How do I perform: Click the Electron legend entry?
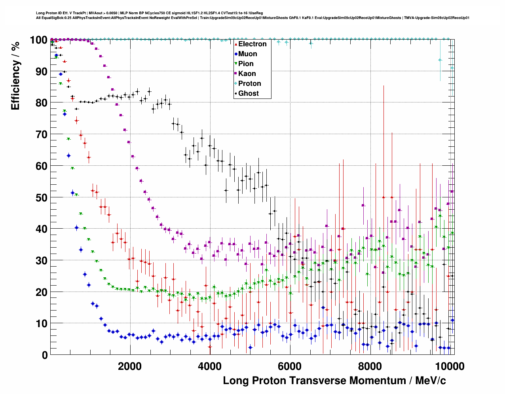click(x=252, y=44)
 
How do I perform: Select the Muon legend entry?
click(x=247, y=54)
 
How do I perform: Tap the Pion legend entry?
click(x=246, y=64)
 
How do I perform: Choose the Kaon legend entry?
click(x=247, y=74)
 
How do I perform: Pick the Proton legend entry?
click(x=249, y=83)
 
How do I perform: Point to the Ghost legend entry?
click(x=248, y=93)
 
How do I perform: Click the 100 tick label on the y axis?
click(x=38, y=40)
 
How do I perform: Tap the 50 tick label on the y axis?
click(x=41, y=197)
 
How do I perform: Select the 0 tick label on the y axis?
click(x=44, y=355)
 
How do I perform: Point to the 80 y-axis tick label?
click(x=41, y=103)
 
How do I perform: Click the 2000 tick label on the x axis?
click(x=129, y=366)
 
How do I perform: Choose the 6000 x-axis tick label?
click(x=290, y=366)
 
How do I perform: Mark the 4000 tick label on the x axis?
click(x=210, y=366)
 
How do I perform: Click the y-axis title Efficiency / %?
click(x=15, y=75)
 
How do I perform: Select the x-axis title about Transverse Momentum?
click(x=334, y=381)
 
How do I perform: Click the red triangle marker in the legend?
click(x=236, y=44)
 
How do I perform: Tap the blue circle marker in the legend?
click(x=236, y=54)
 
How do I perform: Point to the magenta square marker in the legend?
click(x=236, y=74)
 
